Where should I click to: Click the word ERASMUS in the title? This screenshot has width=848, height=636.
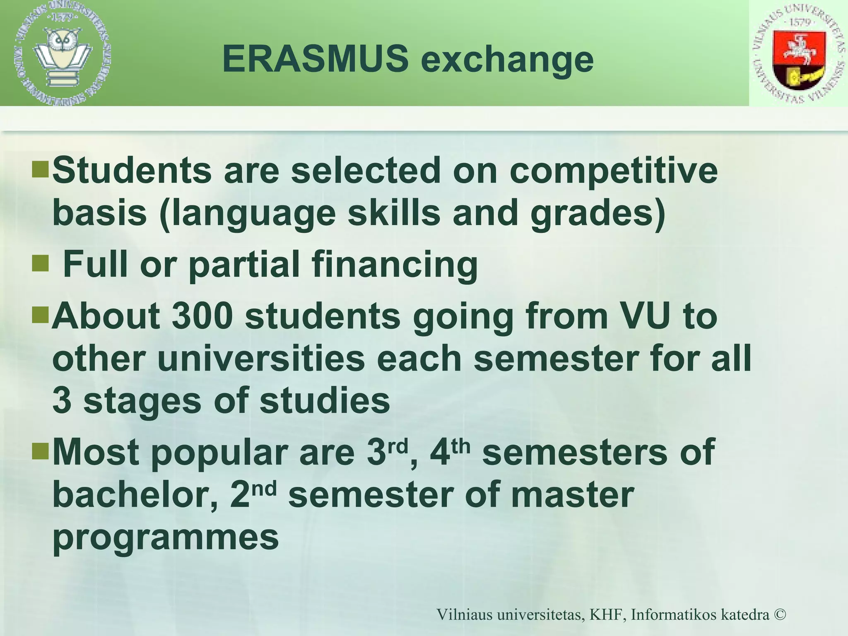[315, 59]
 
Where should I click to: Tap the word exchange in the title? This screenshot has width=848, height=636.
[507, 61]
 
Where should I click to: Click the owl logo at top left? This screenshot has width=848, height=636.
[63, 53]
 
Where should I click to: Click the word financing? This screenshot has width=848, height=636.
[395, 265]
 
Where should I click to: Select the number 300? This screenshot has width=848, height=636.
[202, 316]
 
